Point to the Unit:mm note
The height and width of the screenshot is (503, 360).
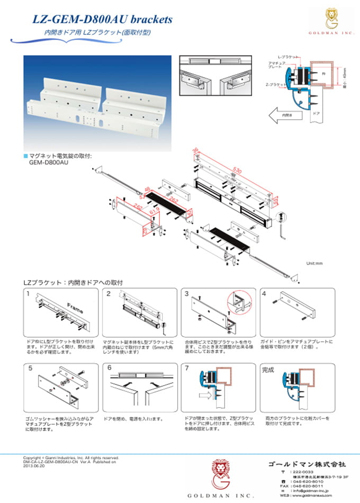pos(314,263)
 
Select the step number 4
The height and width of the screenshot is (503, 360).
pos(264,293)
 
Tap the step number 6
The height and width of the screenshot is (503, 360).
pos(109,367)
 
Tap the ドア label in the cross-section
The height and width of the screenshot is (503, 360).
pos(317,113)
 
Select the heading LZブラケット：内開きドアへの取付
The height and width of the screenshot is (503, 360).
pos(73,283)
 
